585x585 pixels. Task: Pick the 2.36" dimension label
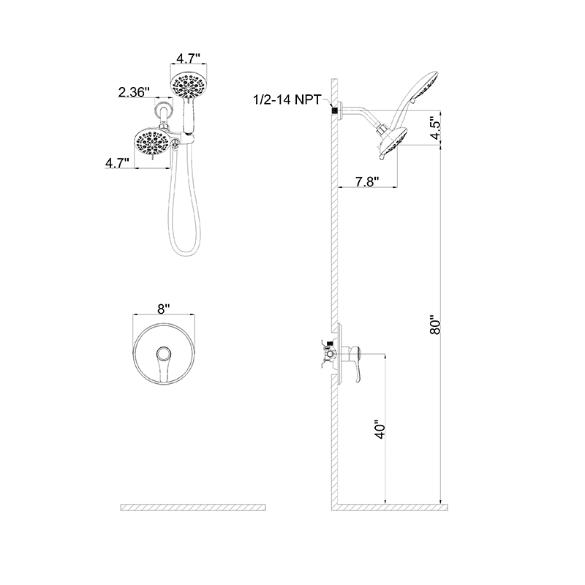[134, 92]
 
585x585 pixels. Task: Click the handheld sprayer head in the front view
[189, 87]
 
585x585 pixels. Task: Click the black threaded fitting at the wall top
[337, 110]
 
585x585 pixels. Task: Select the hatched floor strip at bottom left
[194, 507]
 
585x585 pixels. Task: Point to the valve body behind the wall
[323, 354]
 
